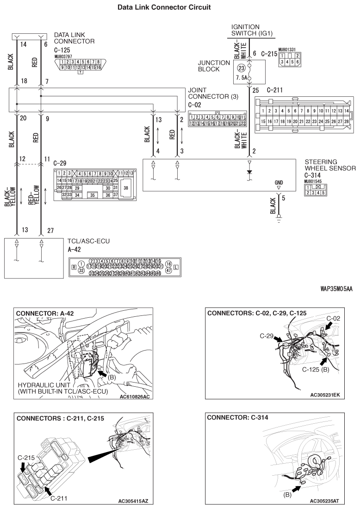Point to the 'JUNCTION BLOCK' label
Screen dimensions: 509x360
pyautogui.click(x=214, y=66)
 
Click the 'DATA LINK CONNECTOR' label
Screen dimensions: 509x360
pyautogui.click(x=74, y=38)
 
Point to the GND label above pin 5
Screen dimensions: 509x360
pyautogui.click(x=278, y=182)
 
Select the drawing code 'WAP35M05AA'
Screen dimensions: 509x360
pyautogui.click(x=336, y=289)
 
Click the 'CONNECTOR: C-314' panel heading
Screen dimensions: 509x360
pyautogui.click(x=237, y=417)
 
